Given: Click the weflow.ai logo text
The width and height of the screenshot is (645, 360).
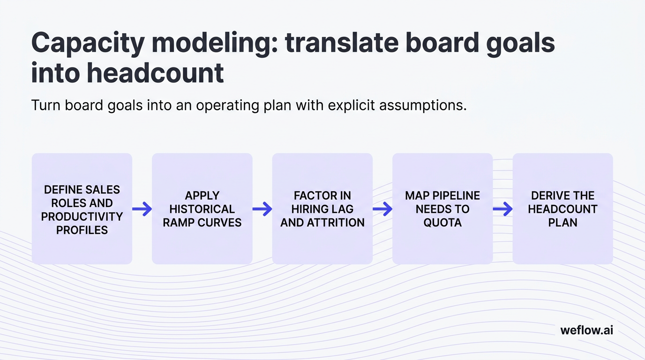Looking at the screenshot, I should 586,330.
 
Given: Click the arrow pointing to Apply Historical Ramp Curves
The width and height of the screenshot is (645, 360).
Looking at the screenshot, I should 142,209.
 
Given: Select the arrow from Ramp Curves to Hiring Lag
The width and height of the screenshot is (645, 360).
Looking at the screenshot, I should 262,209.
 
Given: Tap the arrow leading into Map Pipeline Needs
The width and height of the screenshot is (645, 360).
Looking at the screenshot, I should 382,209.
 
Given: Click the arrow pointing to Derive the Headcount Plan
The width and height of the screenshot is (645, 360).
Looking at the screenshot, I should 502,209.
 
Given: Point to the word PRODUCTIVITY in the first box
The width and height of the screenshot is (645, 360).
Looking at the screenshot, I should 82,217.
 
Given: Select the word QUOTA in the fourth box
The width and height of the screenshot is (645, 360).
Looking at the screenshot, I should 442,223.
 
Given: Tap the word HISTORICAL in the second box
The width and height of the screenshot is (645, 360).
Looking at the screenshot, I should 202,209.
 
